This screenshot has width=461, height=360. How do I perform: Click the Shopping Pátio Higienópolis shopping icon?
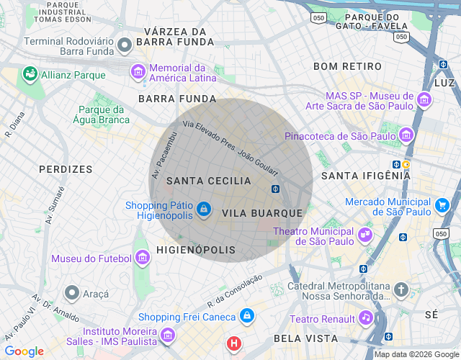[x=204, y=209]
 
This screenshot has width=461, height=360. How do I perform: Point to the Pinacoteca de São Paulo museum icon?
[x=407, y=135]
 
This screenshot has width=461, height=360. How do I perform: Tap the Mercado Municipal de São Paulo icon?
[x=442, y=206]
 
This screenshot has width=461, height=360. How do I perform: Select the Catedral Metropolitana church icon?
[x=401, y=290]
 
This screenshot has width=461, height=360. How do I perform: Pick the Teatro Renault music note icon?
[x=366, y=318]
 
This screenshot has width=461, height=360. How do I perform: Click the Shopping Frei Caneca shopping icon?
[x=247, y=316]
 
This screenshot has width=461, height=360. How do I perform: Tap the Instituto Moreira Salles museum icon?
[x=167, y=335]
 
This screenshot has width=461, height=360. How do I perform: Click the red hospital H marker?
[x=234, y=343]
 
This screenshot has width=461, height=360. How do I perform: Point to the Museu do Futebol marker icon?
[x=144, y=258]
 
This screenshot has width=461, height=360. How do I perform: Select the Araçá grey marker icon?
[x=71, y=293]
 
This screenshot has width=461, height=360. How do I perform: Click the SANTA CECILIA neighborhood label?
[x=208, y=181]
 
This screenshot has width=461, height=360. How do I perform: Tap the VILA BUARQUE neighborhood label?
[x=262, y=214]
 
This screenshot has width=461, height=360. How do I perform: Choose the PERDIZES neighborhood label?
[x=66, y=169]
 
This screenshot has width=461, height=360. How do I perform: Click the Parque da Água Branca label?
[x=102, y=115]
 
